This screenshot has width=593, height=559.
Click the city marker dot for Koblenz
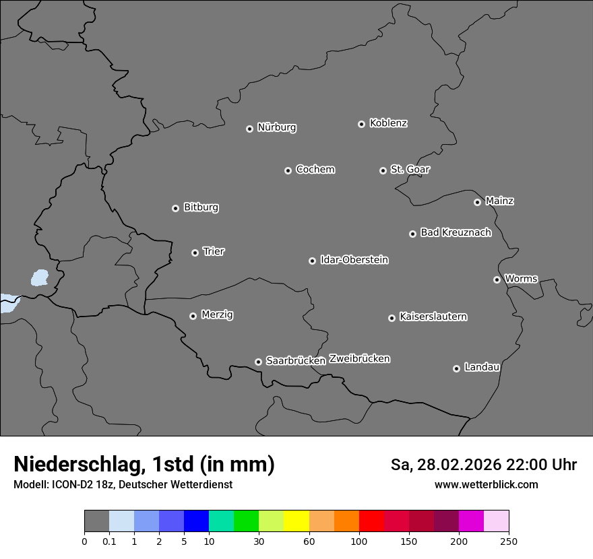361,124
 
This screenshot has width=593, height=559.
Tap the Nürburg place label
276,127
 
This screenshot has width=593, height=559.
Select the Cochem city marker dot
288,170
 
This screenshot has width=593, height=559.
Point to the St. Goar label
410,169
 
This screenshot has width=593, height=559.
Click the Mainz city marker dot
477,202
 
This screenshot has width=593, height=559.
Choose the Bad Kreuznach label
456,232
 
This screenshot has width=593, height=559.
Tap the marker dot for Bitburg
175,208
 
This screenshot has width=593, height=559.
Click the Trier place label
214,251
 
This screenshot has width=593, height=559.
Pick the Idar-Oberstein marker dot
312,261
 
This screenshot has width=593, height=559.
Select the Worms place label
521,278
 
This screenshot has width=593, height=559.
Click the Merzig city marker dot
193,316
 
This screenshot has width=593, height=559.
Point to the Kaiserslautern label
433,317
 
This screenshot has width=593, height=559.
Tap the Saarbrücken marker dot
258,362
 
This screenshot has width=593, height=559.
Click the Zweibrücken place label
359,358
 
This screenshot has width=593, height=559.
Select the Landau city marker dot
456,368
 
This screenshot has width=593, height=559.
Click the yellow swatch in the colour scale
296,521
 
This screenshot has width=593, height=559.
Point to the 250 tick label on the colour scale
509,541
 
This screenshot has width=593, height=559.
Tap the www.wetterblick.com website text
486,485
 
